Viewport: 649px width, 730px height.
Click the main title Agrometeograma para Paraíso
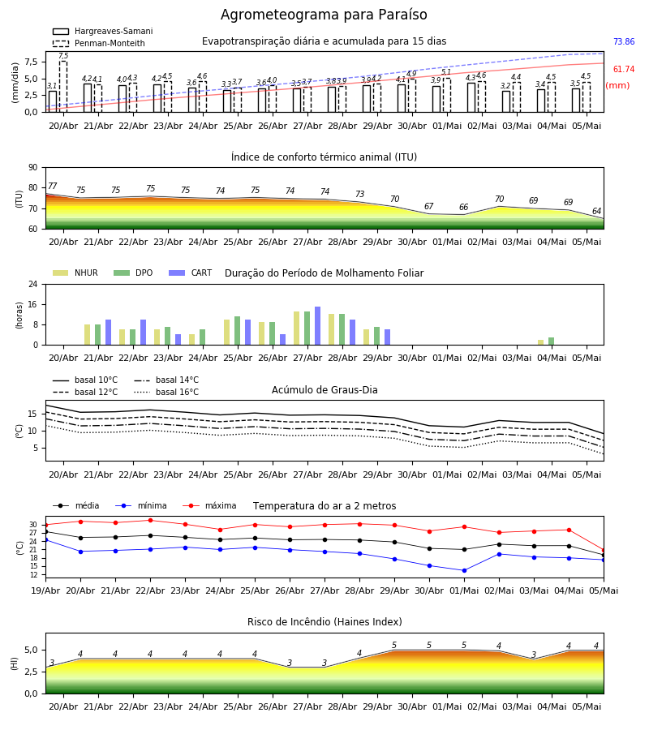click(324, 15)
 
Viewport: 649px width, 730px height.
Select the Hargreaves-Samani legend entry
click(103, 31)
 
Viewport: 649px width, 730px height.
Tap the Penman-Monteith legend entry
click(99, 43)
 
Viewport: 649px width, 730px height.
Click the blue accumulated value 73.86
click(624, 41)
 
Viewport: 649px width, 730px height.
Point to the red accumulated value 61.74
click(624, 70)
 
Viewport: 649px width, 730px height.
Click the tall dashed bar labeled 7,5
click(63, 87)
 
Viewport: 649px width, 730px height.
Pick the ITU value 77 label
click(52, 187)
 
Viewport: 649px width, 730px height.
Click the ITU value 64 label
click(596, 212)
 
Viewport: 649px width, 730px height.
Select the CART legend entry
click(191, 273)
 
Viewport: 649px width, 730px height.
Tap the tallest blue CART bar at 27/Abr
click(317, 326)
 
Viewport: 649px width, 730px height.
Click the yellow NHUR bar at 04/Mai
click(540, 342)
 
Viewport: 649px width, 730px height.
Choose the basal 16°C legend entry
click(166, 392)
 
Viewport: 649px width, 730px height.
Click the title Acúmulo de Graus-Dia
click(324, 390)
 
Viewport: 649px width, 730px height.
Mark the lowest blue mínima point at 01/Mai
click(464, 570)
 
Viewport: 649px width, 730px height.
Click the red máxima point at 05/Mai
click(604, 550)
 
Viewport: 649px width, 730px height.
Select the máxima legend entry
click(209, 505)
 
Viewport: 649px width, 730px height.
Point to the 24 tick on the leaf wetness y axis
click(33, 284)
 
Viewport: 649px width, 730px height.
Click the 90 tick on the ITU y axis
click(33, 168)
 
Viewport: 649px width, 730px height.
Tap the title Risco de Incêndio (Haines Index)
click(324, 622)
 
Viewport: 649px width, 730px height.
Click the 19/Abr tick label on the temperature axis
click(45, 590)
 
